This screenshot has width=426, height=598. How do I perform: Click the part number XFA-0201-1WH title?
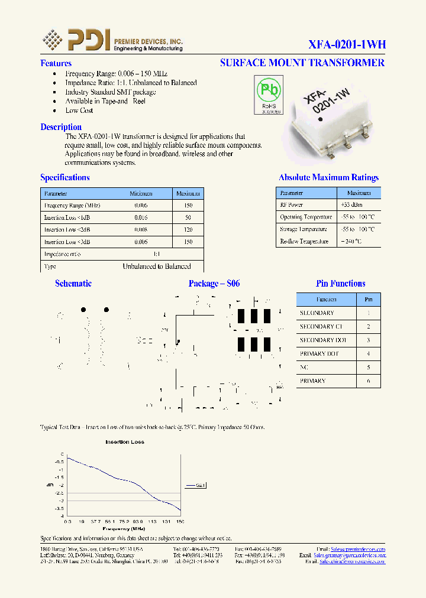(347, 44)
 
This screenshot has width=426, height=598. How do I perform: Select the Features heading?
(56, 63)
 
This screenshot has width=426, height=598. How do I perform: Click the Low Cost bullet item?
(79, 110)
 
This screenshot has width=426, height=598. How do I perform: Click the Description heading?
(61, 127)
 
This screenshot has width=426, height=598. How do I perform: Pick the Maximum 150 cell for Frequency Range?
(188, 206)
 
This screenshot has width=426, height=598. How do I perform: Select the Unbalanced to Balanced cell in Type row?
(156, 266)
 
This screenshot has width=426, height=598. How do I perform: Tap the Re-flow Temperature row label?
(305, 242)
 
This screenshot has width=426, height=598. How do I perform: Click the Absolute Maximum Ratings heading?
(328, 177)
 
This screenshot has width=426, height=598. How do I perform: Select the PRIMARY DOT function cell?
(319, 354)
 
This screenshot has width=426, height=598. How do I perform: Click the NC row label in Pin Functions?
(305, 368)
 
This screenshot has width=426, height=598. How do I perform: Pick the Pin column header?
(369, 300)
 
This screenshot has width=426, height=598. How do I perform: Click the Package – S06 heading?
(214, 284)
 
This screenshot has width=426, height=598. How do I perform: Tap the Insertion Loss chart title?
(125, 442)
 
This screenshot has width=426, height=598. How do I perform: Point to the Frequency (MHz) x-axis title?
(124, 529)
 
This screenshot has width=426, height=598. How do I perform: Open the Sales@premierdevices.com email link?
(358, 549)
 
